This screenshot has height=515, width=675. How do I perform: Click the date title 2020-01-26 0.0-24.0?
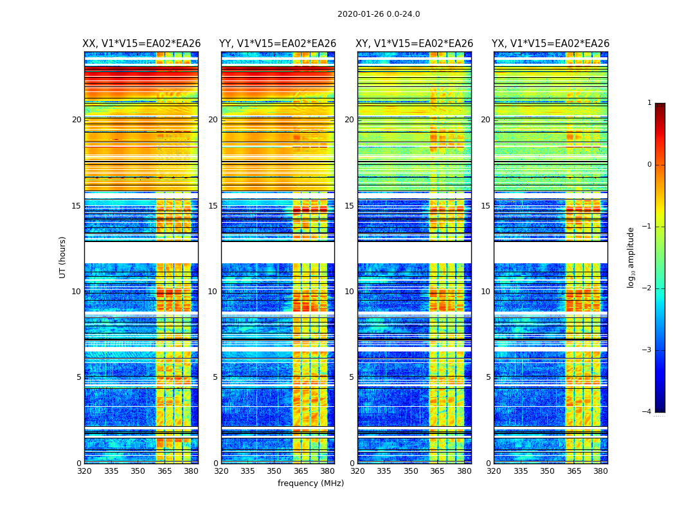coord(379,14)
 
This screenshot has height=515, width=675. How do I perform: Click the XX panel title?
coord(141,44)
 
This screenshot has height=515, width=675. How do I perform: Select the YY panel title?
coord(278,44)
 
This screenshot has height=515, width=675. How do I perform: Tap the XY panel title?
coord(415,44)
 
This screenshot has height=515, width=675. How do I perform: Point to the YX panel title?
coord(550,44)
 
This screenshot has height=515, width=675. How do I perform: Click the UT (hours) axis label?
coord(63,257)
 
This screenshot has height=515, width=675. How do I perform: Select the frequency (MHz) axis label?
coord(310,483)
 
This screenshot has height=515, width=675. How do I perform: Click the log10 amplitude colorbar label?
coord(631,257)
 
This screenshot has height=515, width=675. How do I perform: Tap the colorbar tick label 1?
coord(649,103)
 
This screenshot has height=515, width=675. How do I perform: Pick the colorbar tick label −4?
coord(648,412)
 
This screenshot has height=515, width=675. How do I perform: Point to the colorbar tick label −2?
coord(648,288)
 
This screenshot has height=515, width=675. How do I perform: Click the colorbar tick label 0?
coord(649,165)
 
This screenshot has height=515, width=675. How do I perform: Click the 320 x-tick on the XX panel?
coord(84,471)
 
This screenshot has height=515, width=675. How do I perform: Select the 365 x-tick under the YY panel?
coord(301,471)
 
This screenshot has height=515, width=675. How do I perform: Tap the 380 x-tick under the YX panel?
coord(600,471)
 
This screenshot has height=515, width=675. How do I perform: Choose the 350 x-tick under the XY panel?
coord(411,471)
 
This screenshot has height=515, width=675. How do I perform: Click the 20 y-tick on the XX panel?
coord(76,120)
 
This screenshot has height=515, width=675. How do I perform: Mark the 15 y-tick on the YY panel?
coord(213,206)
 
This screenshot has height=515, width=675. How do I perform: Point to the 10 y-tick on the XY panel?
coord(349,292)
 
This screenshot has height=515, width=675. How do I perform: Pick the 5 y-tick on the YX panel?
coord(488,377)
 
